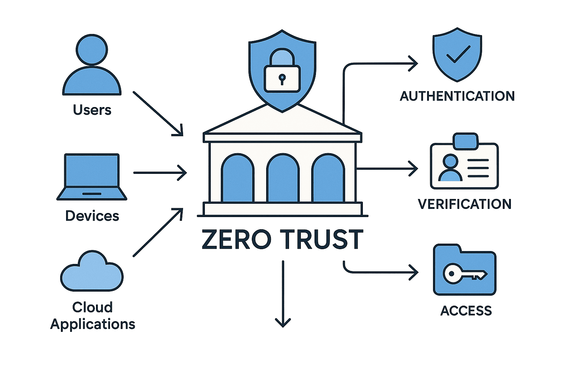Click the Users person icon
coord(92,66)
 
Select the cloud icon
coord(92,272)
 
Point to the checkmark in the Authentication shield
coord(458,54)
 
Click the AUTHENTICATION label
coord(457,96)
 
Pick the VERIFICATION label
coord(464,204)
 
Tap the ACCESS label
coord(466,311)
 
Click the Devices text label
coord(92,216)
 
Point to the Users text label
coord(92,110)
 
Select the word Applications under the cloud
coord(93,324)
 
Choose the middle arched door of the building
coord(283,179)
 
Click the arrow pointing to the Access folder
coord(380,272)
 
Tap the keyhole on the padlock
coord(282,79)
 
